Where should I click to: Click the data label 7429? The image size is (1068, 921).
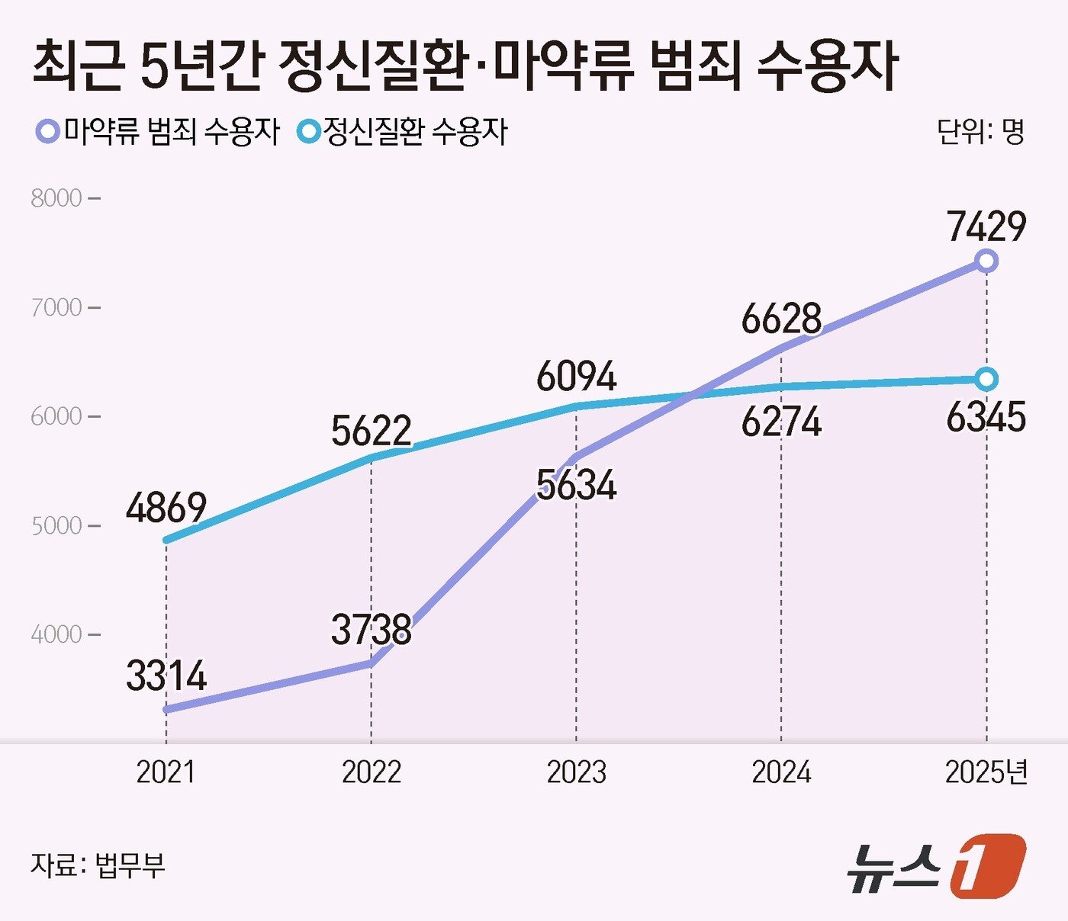click(986, 226)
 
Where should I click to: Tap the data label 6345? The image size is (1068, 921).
click(986, 417)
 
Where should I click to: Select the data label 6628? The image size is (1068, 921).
click(781, 319)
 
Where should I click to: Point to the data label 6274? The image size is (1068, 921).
click(781, 422)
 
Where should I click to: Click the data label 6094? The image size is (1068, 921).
click(576, 377)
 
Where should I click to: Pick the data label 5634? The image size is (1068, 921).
click(576, 485)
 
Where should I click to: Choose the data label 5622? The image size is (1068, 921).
click(372, 431)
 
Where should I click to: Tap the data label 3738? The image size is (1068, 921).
click(372, 630)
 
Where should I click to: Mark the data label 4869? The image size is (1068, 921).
click(166, 508)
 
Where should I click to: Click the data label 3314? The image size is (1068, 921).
click(166, 676)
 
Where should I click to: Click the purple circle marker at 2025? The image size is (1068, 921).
click(986, 262)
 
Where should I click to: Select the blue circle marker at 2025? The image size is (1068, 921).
click(986, 379)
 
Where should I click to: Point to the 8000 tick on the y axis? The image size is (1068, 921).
click(56, 198)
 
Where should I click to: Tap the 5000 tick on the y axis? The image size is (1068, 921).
click(56, 526)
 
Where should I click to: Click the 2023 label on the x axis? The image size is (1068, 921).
click(576, 772)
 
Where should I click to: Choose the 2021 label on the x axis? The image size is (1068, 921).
click(166, 772)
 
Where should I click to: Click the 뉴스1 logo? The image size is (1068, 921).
click(937, 867)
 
